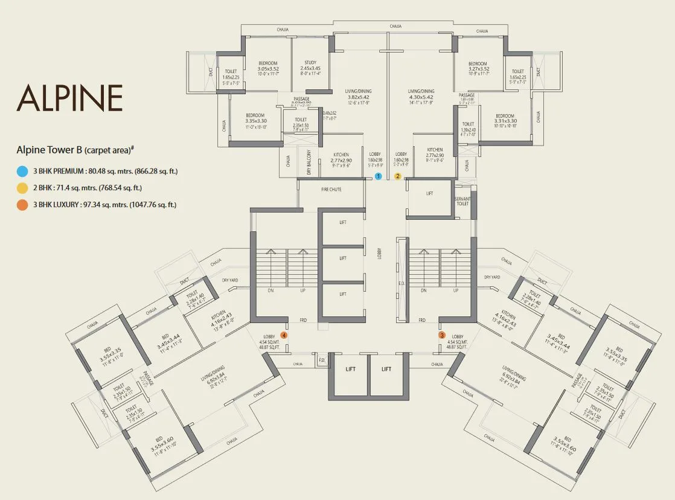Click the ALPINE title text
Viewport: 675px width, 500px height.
(69, 98)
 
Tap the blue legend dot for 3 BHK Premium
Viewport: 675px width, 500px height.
(22, 171)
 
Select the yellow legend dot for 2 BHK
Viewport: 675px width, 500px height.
(22, 188)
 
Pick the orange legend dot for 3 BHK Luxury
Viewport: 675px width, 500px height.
(22, 205)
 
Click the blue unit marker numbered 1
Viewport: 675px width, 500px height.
(378, 176)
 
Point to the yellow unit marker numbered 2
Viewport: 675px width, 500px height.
(398, 176)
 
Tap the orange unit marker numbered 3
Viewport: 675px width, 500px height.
(442, 335)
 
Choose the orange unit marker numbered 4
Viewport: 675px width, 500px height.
(283, 335)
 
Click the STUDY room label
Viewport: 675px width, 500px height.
(310, 62)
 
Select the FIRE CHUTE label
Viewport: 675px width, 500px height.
(330, 190)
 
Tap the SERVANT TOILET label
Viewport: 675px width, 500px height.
(462, 202)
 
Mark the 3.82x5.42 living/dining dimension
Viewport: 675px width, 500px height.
(357, 97)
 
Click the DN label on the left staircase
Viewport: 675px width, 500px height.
(271, 290)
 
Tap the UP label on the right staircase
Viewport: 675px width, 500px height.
(454, 290)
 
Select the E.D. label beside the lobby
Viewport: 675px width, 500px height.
(401, 282)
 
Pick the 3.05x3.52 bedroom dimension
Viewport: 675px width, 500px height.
(268, 69)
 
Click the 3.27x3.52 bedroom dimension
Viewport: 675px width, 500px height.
(478, 69)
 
